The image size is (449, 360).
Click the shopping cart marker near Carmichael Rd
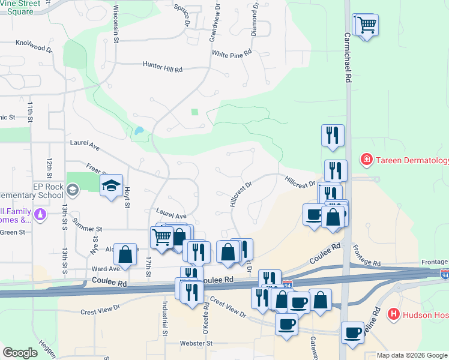pyautogui.click(x=366, y=25)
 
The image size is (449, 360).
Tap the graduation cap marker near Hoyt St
pyautogui.click(x=111, y=186)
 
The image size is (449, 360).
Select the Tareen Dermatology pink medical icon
pyautogui.click(x=365, y=160)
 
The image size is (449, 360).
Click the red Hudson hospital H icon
pyautogui.click(x=394, y=313)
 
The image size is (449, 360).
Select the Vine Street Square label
pyautogui.click(x=24, y=7)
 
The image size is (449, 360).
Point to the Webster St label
pyautogui.click(x=196, y=343)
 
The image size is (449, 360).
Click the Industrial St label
pyautogui.click(x=163, y=317)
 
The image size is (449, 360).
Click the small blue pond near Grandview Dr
pyautogui.click(x=139, y=130)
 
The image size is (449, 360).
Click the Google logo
pyautogui.click(x=20, y=353)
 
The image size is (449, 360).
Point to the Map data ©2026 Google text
pyautogui.click(x=411, y=355)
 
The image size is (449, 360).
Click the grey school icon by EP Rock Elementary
pyautogui.click(x=73, y=190)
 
